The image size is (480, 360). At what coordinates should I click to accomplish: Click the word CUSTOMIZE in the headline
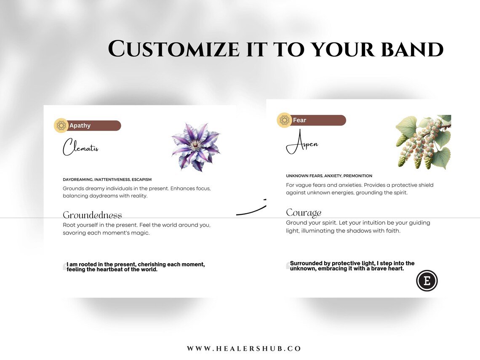tap(173, 49)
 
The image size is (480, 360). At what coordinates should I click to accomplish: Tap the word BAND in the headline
tap(412, 49)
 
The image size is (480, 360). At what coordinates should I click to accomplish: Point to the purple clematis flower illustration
tap(196, 147)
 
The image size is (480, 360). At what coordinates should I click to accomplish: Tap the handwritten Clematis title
tap(80, 147)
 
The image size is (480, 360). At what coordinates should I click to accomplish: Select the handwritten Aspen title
tap(302, 142)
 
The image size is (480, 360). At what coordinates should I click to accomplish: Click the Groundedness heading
tap(93, 215)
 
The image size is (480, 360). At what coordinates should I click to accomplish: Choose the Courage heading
tap(304, 213)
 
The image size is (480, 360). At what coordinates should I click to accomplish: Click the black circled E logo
tap(427, 281)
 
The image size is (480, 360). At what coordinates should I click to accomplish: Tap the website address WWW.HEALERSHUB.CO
tap(244, 349)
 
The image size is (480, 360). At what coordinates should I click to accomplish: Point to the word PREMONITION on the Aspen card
tap(357, 176)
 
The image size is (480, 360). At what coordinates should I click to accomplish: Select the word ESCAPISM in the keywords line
tap(141, 179)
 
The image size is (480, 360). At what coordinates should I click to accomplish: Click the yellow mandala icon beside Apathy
tap(61, 125)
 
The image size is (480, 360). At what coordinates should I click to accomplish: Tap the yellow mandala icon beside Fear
tap(284, 120)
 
